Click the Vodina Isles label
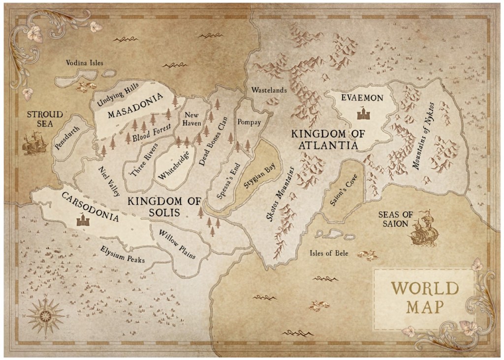(x=85, y=63)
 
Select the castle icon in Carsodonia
(x=82, y=220)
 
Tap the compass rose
(x=45, y=314)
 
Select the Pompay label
(x=249, y=122)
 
